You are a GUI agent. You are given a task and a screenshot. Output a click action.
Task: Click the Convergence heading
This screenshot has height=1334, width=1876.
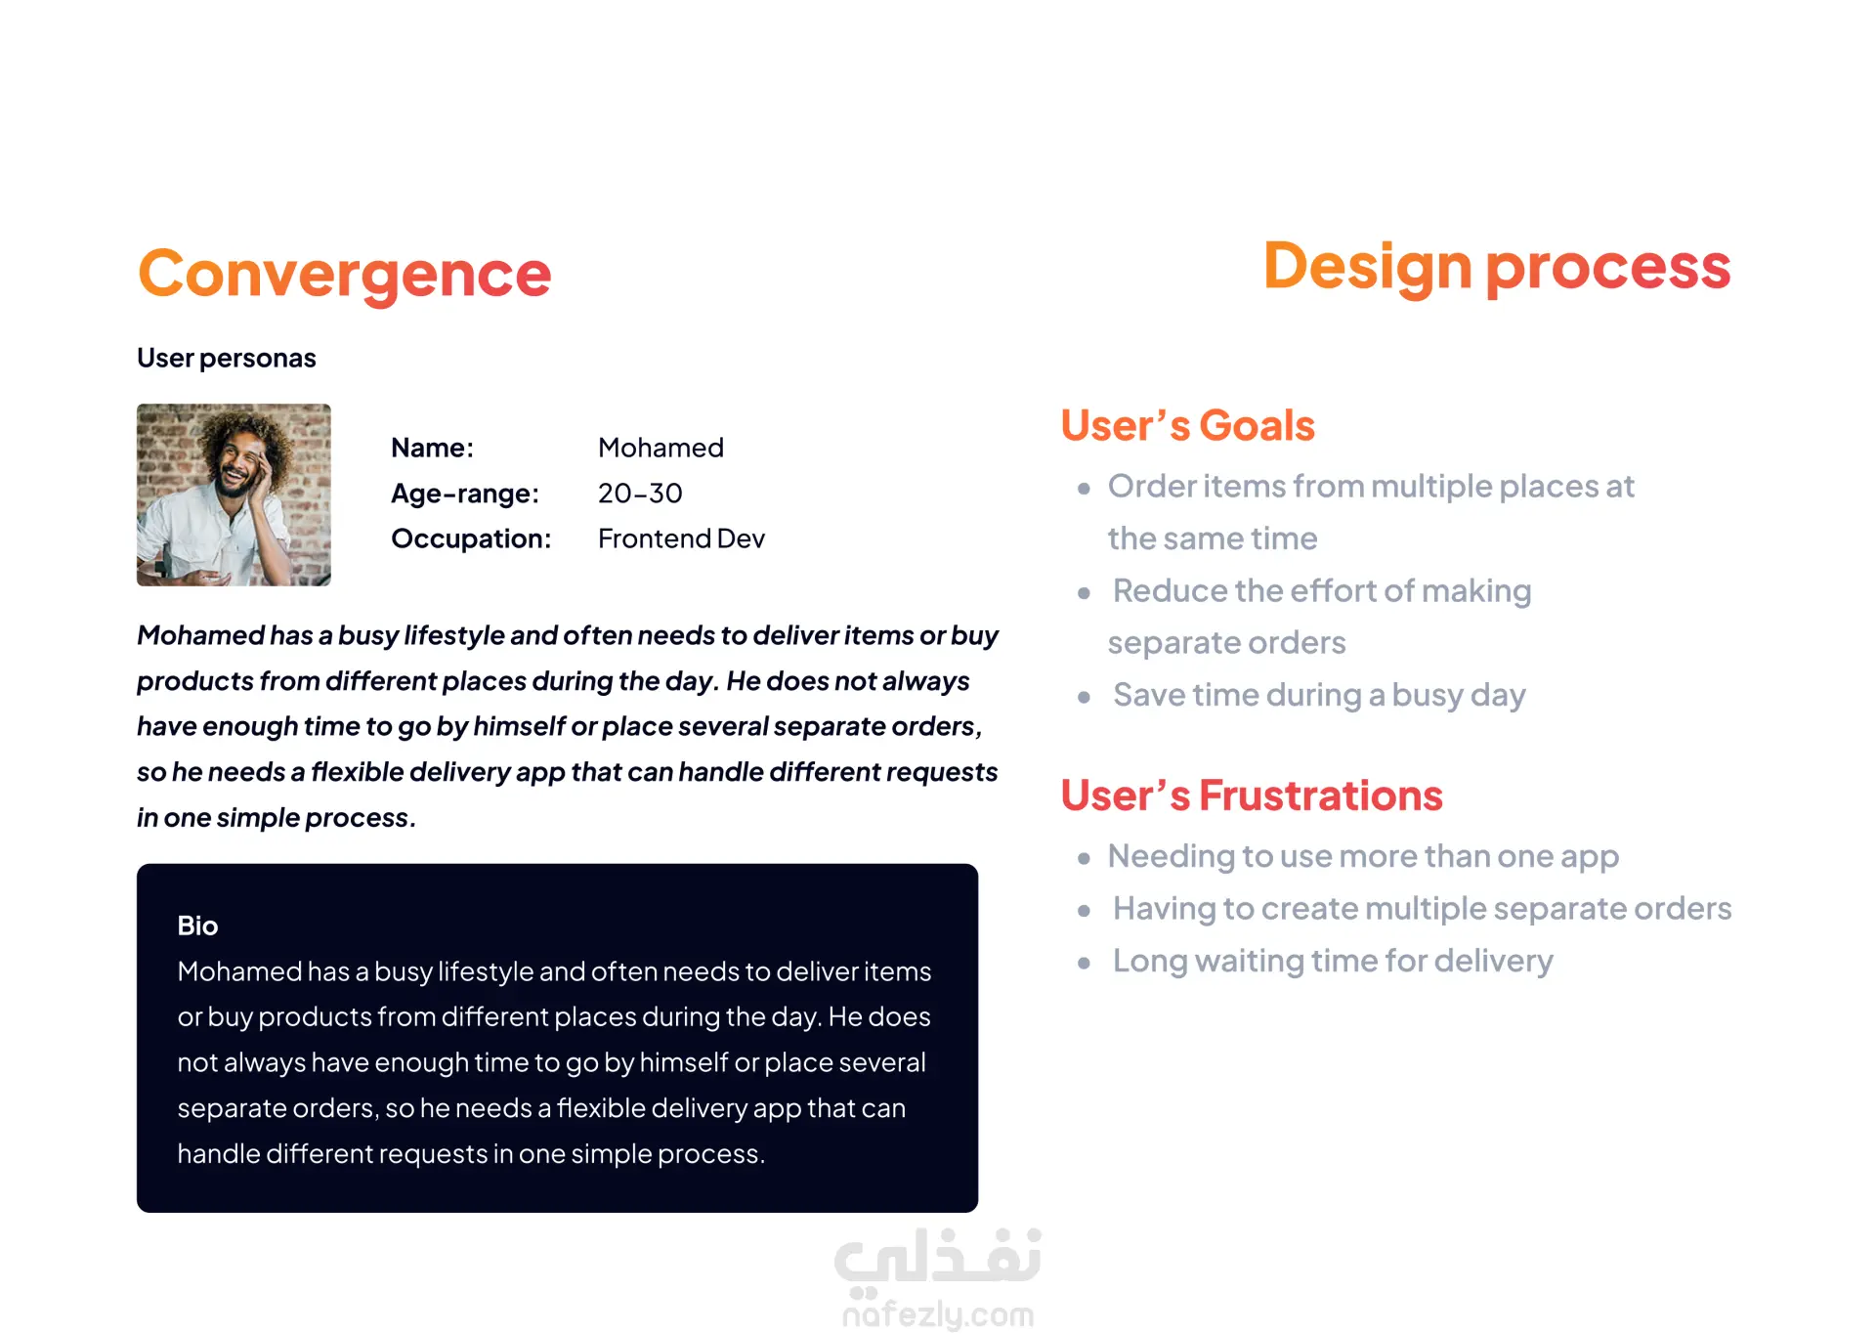(345, 274)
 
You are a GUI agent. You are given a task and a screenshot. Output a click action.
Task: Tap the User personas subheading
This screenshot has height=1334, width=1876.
(227, 358)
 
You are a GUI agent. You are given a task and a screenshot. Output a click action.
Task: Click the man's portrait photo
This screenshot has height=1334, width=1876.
(234, 495)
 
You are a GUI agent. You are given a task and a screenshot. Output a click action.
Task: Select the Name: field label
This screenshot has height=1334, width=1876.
(432, 448)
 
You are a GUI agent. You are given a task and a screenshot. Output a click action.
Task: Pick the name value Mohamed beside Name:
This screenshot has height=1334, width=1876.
(661, 448)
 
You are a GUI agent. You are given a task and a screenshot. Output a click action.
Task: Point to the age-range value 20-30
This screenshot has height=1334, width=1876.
(640, 494)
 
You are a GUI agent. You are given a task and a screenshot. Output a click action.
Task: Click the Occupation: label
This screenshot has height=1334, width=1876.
(471, 538)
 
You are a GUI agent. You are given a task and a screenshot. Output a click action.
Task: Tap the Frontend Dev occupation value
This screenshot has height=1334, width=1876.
(681, 538)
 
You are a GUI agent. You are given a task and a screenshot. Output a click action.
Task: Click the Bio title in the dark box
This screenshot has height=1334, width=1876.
(197, 925)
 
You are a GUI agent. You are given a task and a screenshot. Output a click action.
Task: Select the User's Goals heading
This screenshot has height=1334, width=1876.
(1188, 425)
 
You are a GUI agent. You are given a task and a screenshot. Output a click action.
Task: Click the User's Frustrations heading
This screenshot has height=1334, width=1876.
(1252, 796)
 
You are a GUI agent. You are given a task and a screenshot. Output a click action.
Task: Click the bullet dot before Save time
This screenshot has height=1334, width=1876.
(1084, 697)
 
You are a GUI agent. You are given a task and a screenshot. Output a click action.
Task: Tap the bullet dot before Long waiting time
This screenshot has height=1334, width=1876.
(1084, 963)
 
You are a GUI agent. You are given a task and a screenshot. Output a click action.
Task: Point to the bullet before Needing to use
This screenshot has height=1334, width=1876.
(1084, 858)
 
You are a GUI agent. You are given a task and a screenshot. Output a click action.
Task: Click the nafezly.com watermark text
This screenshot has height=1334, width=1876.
(938, 1314)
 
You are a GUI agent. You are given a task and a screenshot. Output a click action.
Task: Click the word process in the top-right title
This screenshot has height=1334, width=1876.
(1608, 268)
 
